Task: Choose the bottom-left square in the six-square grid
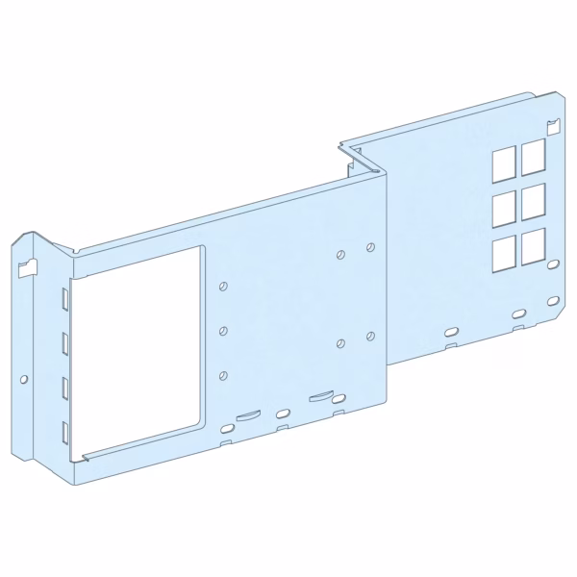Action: point(502,254)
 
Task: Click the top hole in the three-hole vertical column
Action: point(223,287)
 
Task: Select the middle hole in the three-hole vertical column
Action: point(223,330)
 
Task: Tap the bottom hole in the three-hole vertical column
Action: point(223,374)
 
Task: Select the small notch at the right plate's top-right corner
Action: point(551,125)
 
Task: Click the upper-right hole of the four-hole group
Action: point(370,247)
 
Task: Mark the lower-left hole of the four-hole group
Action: point(341,342)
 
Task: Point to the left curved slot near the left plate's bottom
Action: point(247,414)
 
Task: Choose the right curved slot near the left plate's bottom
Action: point(318,394)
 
